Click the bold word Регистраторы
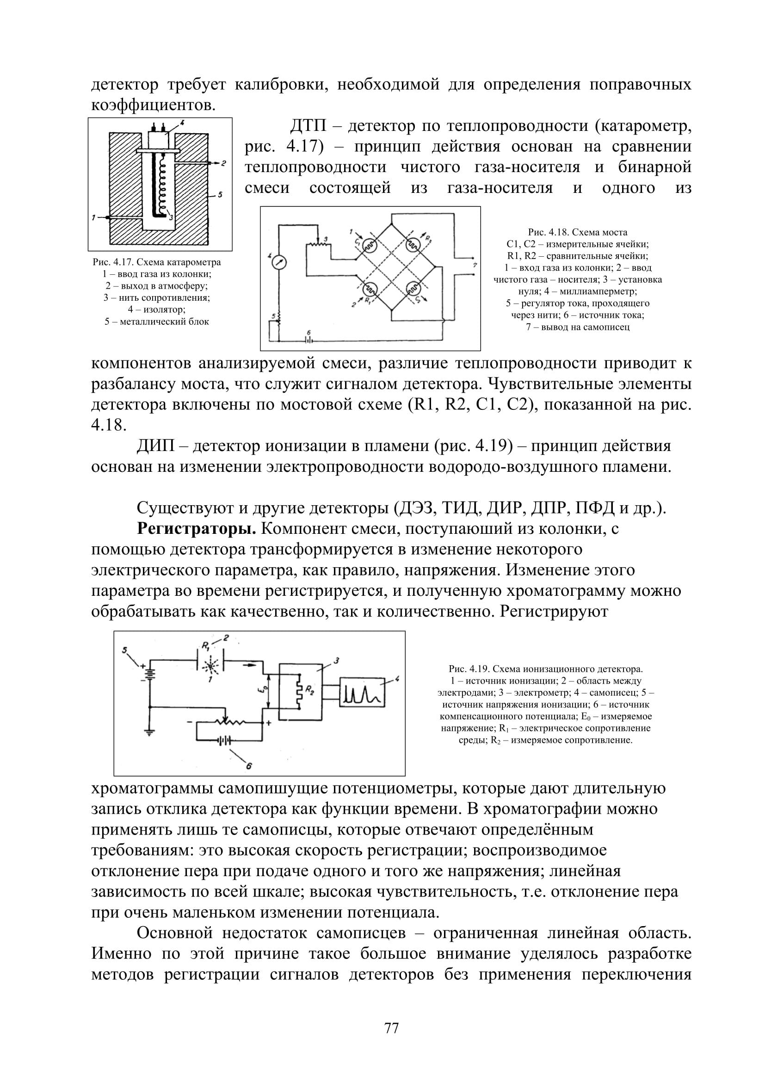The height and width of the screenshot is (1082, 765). coord(197,529)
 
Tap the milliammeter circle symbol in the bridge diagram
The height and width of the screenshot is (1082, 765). coord(278,262)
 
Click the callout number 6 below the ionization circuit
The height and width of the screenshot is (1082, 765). coord(249,766)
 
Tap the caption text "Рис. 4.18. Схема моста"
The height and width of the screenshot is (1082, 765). coord(578,232)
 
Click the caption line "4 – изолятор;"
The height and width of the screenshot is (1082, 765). coord(157,309)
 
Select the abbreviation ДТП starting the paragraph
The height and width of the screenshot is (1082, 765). coord(308,126)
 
